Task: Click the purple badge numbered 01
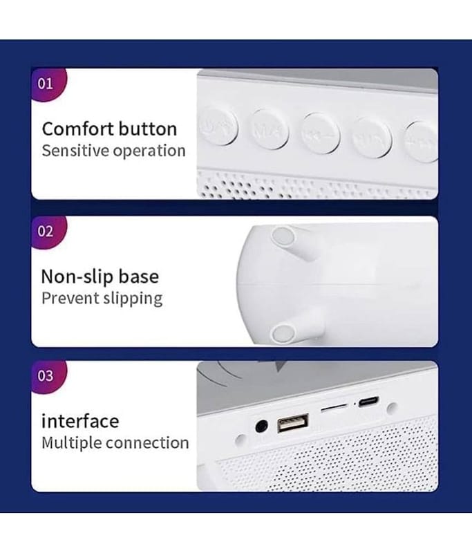coord(48,84)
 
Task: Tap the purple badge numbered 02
coord(48,232)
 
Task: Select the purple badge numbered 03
coord(48,376)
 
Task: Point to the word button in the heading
coord(148,129)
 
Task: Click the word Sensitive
coord(75,151)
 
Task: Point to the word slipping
coord(133,299)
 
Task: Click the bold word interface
coord(80,421)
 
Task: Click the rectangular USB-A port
coord(293,423)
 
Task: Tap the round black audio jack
coord(261,426)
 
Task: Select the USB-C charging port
coord(369,402)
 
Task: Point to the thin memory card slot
coord(334,408)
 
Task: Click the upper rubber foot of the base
coord(283,236)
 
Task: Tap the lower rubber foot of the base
coord(283,333)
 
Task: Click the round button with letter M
coord(270,130)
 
